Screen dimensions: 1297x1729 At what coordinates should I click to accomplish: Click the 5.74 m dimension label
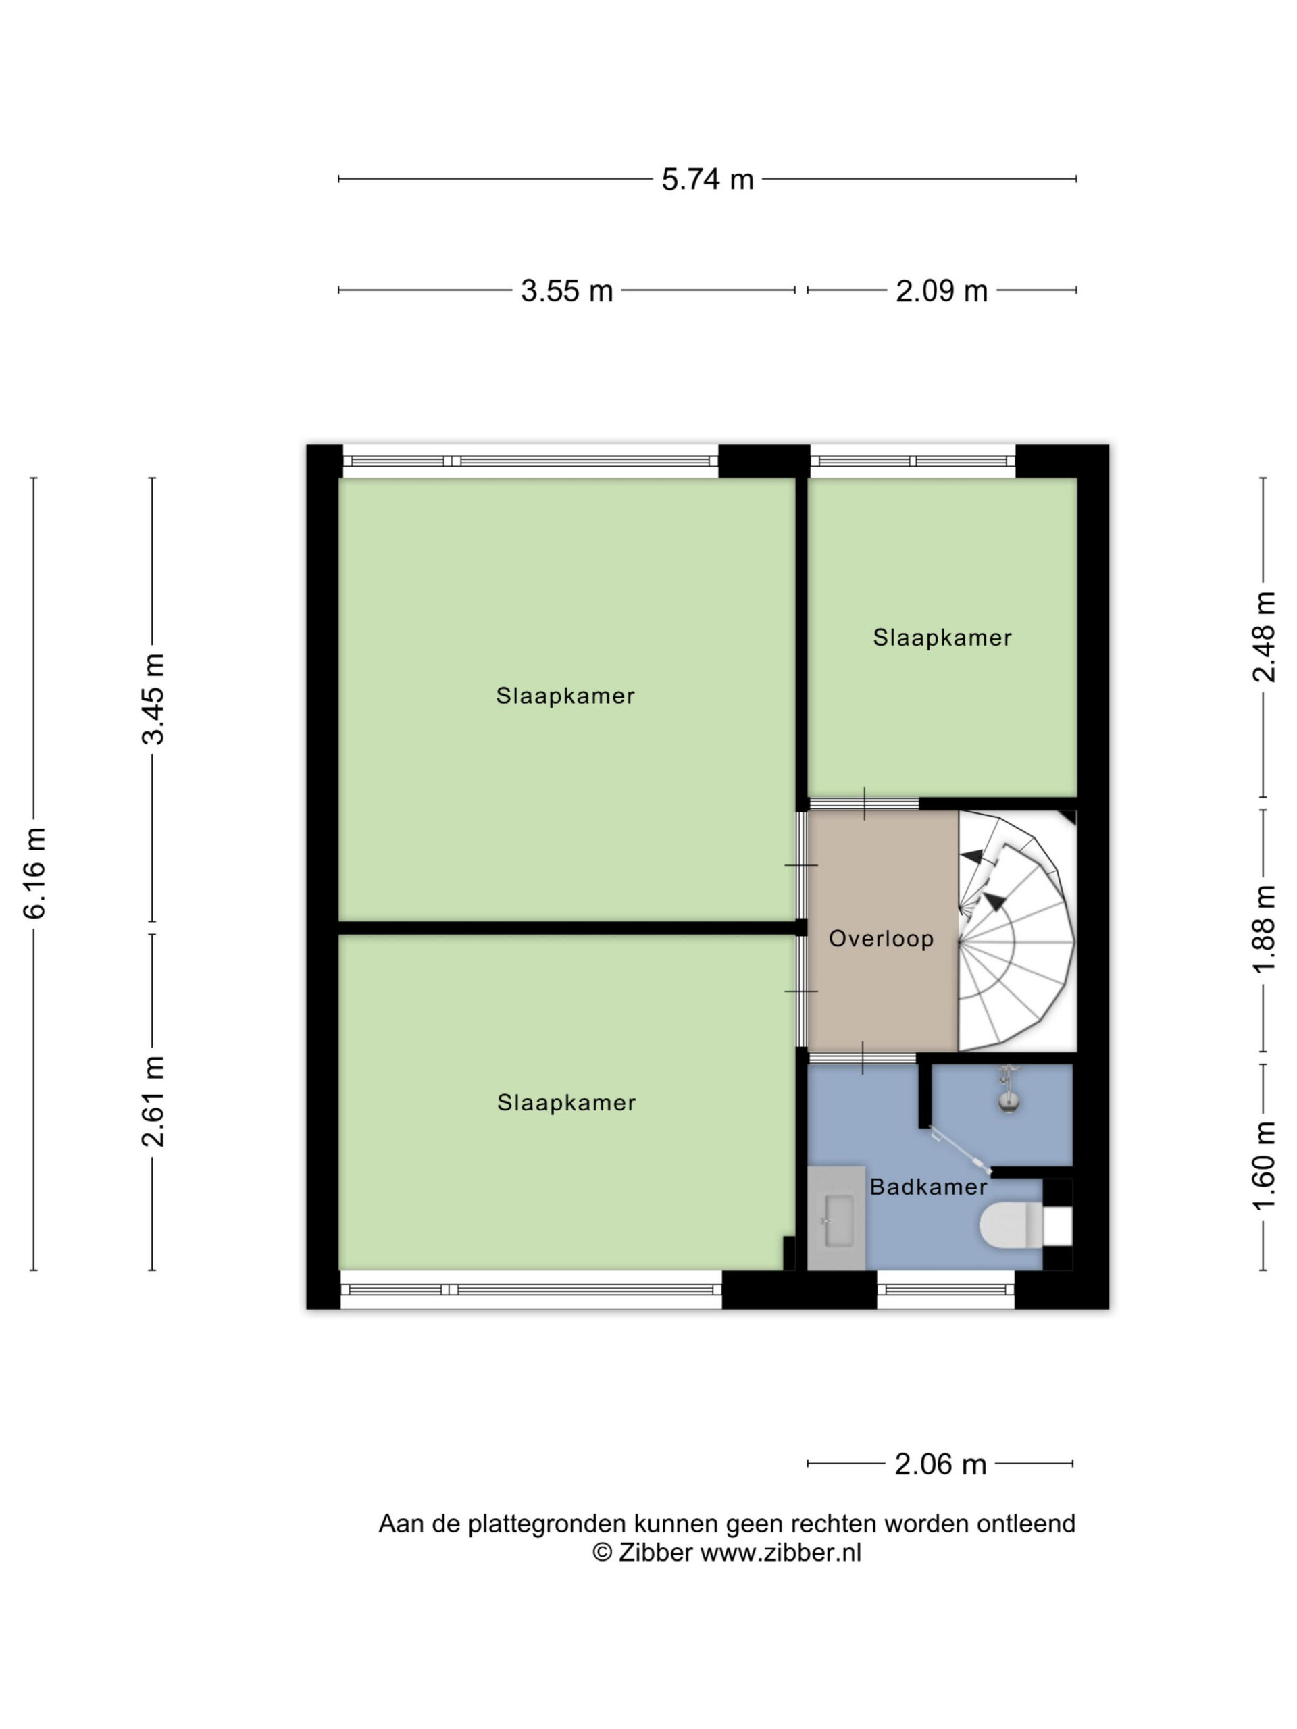click(x=707, y=179)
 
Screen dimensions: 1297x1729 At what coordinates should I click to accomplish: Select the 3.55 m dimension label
click(x=567, y=291)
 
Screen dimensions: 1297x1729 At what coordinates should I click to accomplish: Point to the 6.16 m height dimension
click(x=35, y=874)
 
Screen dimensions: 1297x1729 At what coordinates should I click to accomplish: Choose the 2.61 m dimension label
click(x=153, y=1102)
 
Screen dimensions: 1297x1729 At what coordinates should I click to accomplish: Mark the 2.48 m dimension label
click(x=1264, y=637)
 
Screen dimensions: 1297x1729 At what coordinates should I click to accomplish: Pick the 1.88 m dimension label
click(x=1264, y=930)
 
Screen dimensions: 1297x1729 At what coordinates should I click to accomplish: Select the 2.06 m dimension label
click(x=940, y=1464)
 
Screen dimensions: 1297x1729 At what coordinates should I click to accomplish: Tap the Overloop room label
click(x=881, y=939)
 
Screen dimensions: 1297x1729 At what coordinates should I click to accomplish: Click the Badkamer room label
click(x=929, y=1187)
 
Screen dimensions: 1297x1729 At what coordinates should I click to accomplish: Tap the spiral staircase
click(x=1015, y=931)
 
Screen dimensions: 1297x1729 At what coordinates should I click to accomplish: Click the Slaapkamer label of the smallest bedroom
click(x=942, y=638)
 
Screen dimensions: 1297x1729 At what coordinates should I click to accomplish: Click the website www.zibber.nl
click(x=780, y=1552)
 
